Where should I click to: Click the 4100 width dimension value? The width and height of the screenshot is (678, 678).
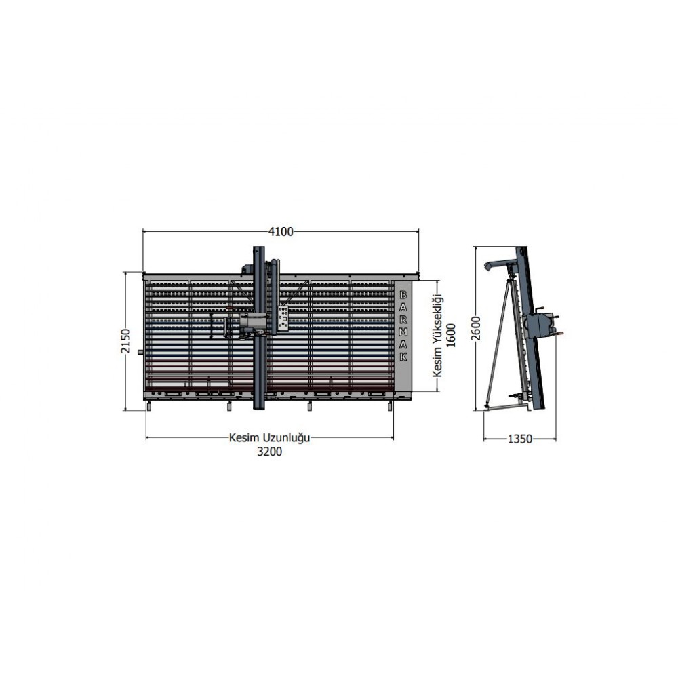[x=281, y=232]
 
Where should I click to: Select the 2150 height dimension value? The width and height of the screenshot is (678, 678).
[x=125, y=341]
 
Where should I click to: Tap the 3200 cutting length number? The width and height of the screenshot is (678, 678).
[x=269, y=452]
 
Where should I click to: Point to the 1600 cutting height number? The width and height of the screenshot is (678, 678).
[x=451, y=335]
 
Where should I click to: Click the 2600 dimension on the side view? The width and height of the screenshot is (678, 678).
[x=476, y=328]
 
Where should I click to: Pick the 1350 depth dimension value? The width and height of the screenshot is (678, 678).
[x=520, y=439]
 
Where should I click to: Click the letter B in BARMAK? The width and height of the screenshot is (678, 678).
[x=403, y=295]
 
